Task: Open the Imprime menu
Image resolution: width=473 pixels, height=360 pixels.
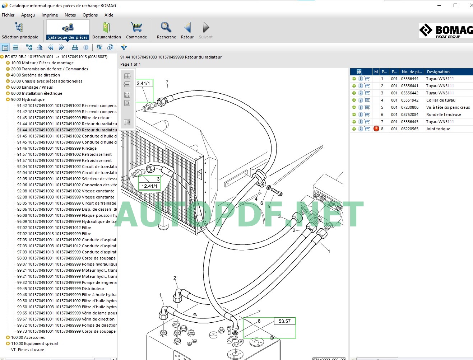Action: pos(50,15)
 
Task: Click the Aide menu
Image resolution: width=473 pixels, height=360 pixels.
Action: pos(109,15)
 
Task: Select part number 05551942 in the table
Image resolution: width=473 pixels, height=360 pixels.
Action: pos(410,100)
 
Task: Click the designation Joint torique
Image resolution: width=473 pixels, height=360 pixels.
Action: pos(438,129)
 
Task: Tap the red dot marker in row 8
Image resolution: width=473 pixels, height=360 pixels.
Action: pos(376,128)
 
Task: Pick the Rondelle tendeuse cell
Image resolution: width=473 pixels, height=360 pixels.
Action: pos(444,114)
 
